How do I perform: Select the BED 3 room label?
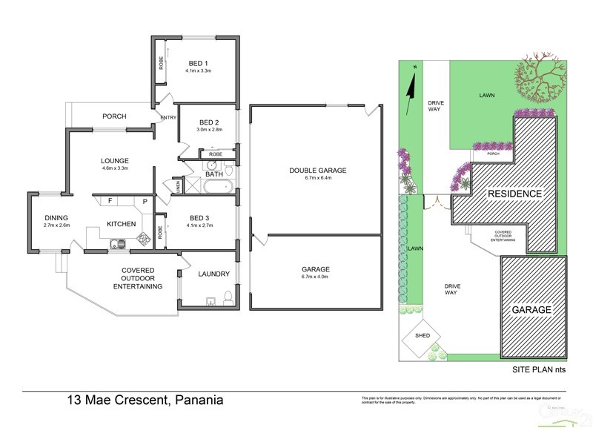(x=198, y=217)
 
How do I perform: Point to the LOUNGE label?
(x=115, y=161)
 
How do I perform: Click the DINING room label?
(x=56, y=217)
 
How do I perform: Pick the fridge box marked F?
(x=110, y=200)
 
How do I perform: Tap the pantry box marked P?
(x=145, y=201)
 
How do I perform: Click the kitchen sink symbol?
(x=116, y=243)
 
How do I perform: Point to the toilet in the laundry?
(x=228, y=298)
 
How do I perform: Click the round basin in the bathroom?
(x=212, y=165)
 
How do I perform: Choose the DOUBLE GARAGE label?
(x=318, y=171)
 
